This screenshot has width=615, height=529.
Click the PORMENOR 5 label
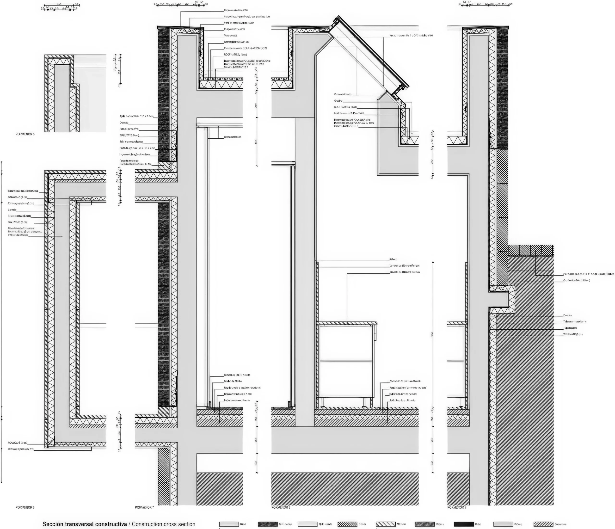coord(25,134)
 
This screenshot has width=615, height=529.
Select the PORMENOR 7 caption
coord(144,507)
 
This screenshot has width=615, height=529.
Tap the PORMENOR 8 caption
coord(281,507)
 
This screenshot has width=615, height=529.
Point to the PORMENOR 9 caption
coord(456,507)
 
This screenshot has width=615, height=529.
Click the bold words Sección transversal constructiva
coord(85,524)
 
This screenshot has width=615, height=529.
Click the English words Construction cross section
coord(164,524)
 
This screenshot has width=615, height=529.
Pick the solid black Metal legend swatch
coord(464,524)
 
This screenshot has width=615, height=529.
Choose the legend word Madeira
coord(440,524)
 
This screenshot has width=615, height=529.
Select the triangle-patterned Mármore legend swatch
coord(386,524)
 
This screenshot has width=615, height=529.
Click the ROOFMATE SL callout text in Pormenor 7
coord(235,55)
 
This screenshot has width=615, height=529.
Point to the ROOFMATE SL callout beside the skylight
coord(345,107)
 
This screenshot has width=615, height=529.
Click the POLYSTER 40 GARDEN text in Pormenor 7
coord(247,61)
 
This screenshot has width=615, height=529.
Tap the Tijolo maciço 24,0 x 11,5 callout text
coord(136,116)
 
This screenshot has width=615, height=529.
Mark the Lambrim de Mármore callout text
coord(404,266)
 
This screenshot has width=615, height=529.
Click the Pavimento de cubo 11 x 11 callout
coord(588,274)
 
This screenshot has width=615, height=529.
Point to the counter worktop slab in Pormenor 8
coord(347,323)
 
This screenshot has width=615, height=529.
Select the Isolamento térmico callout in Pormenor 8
coord(403,394)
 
